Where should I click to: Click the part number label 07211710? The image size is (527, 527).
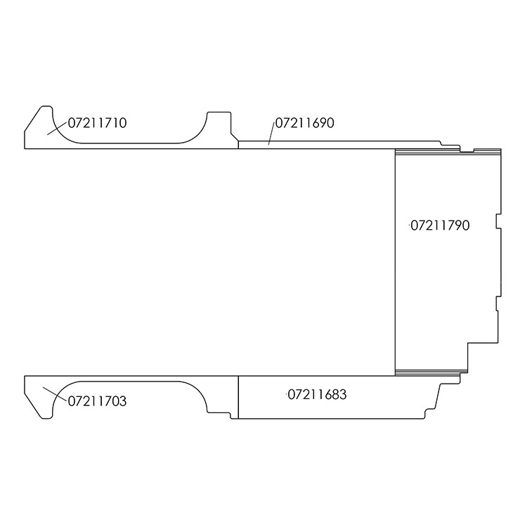97,123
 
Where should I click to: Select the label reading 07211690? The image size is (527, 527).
304,123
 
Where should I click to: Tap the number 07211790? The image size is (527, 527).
440,226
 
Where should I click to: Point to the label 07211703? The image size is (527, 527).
97,401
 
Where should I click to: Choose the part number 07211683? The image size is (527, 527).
317,395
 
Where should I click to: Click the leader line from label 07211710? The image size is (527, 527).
57,129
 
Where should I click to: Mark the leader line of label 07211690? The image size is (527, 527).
271,134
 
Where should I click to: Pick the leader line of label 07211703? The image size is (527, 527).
55,394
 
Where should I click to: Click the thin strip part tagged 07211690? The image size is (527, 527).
336,145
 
